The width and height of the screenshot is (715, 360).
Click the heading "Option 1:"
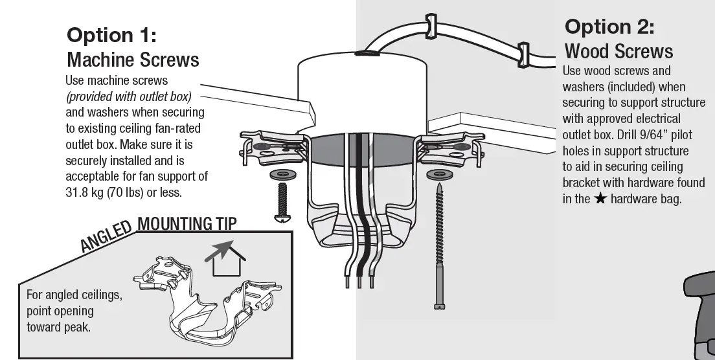111,34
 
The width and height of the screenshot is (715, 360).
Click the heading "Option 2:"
609,27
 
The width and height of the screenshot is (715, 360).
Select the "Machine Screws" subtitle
133,60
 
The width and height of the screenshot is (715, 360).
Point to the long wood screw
440,246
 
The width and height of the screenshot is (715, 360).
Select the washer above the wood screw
440,175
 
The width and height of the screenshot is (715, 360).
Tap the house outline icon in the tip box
230,259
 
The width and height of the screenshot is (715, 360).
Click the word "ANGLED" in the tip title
107,235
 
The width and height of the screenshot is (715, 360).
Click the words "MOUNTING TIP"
188,224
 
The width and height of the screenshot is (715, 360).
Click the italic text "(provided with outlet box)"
128,96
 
